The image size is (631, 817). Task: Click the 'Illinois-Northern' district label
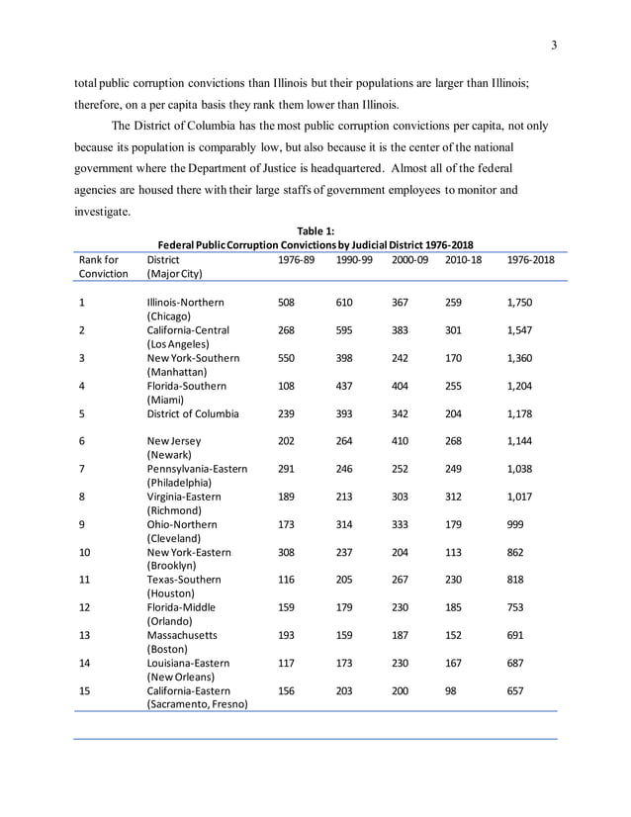[x=185, y=302]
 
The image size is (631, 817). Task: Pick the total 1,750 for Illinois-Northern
[x=521, y=302]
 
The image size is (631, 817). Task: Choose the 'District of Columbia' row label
[x=193, y=413]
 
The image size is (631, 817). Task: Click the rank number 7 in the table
[x=82, y=469]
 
